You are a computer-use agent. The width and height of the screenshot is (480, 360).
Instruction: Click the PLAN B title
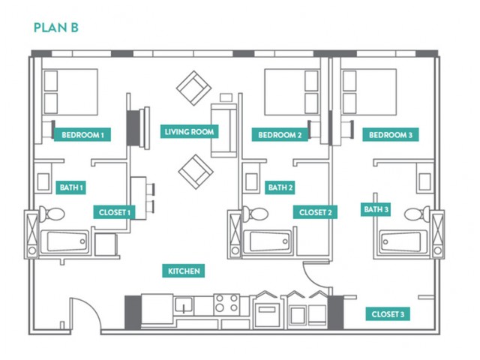(x=56, y=28)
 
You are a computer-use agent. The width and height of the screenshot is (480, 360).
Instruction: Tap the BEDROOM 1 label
(x=82, y=135)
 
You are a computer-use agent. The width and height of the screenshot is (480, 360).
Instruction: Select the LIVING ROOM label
(x=189, y=132)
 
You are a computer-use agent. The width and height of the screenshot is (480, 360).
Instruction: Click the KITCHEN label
(x=184, y=271)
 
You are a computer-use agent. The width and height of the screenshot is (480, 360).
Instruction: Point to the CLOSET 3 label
(x=388, y=314)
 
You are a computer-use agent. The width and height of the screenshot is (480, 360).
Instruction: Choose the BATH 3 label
(x=376, y=209)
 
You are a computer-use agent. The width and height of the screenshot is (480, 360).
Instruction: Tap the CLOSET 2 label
(x=315, y=212)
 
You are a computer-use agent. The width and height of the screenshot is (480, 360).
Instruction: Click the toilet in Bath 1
(x=52, y=214)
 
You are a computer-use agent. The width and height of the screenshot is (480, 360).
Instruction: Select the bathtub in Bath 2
(x=267, y=241)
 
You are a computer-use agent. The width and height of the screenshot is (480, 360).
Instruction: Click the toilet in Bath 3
(x=417, y=214)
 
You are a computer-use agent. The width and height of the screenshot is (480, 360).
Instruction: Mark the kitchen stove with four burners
(x=226, y=303)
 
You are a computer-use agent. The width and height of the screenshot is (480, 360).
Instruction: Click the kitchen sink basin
(x=184, y=305)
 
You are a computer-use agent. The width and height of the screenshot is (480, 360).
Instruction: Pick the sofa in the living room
(x=223, y=130)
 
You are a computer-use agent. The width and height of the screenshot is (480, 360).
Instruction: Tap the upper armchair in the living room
(x=193, y=88)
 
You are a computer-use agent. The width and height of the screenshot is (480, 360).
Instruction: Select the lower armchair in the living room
(x=196, y=172)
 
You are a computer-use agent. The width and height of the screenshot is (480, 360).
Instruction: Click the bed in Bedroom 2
(x=292, y=91)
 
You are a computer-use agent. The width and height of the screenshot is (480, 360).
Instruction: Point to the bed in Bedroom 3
(x=369, y=91)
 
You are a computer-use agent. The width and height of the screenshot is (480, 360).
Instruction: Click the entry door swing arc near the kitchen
(x=94, y=306)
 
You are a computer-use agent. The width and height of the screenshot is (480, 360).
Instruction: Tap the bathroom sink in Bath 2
(x=251, y=181)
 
